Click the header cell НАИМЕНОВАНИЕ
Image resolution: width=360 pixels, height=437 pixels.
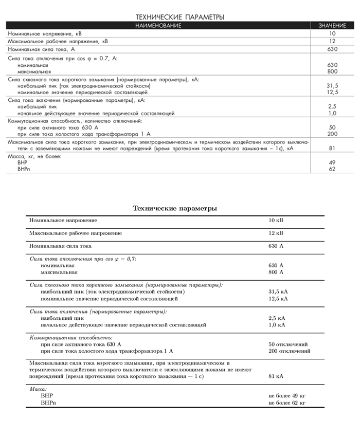158,25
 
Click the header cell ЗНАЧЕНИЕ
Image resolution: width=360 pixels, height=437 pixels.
332,25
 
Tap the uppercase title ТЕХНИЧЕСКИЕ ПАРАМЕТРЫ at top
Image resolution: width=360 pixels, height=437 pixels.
179,17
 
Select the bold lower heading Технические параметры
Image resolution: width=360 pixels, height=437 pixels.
175,208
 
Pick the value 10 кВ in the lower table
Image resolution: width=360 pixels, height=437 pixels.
276,220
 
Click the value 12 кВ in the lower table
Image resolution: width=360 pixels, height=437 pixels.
276,233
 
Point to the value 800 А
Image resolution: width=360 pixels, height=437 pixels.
276,272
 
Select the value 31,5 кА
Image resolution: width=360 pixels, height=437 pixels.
278,292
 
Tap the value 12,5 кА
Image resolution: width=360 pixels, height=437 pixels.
278,298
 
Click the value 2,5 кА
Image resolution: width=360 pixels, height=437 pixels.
277,318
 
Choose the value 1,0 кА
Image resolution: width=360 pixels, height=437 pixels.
277,325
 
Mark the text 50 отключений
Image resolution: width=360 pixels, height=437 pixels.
288,344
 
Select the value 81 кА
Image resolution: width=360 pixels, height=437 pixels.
276,376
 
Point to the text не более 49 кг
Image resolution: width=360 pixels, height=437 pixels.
287,396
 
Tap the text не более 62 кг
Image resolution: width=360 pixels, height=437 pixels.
287,403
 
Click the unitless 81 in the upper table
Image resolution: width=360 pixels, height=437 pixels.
332,148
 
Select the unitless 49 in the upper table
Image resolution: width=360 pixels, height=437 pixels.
332,162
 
